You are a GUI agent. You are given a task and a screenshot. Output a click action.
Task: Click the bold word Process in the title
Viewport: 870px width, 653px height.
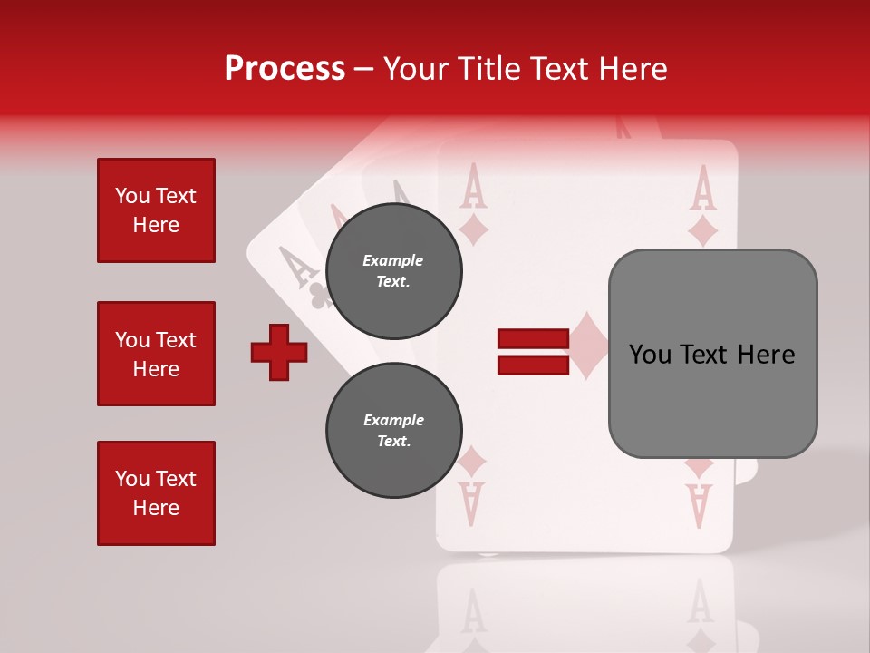(285, 69)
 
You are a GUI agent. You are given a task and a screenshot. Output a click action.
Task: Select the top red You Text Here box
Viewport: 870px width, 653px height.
(156, 210)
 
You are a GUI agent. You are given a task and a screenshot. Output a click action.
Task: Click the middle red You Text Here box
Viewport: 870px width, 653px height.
(156, 354)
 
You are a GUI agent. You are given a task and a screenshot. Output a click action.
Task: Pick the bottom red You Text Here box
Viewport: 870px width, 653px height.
(156, 493)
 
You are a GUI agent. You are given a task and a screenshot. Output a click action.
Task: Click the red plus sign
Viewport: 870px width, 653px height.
(279, 352)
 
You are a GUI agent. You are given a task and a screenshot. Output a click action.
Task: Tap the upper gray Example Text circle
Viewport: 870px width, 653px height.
(393, 271)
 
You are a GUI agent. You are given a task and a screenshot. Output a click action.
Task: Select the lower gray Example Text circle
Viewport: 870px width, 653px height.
(393, 431)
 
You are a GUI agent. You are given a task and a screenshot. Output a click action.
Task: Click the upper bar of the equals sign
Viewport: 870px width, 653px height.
(533, 339)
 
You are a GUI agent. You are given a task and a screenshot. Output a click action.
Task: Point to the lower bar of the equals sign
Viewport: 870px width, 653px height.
(533, 365)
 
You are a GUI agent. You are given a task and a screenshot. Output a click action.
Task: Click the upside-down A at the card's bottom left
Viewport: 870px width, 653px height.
(471, 504)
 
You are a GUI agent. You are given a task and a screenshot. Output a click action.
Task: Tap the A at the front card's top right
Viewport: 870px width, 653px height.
(703, 188)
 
